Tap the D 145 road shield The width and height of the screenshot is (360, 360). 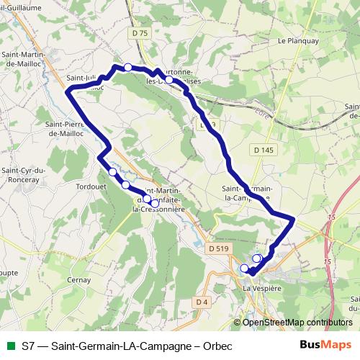pos(264,150)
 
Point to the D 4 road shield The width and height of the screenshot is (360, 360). pos(201,302)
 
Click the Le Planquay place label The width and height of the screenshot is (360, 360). pos(294,42)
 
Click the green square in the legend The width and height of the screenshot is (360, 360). pos(10,346)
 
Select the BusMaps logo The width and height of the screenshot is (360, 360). pos(325,346)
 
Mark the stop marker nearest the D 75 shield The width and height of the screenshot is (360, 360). pos(127,68)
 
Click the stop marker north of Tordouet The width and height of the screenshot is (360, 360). pos(112,173)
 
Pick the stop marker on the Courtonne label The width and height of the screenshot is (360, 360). pos(168,81)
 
